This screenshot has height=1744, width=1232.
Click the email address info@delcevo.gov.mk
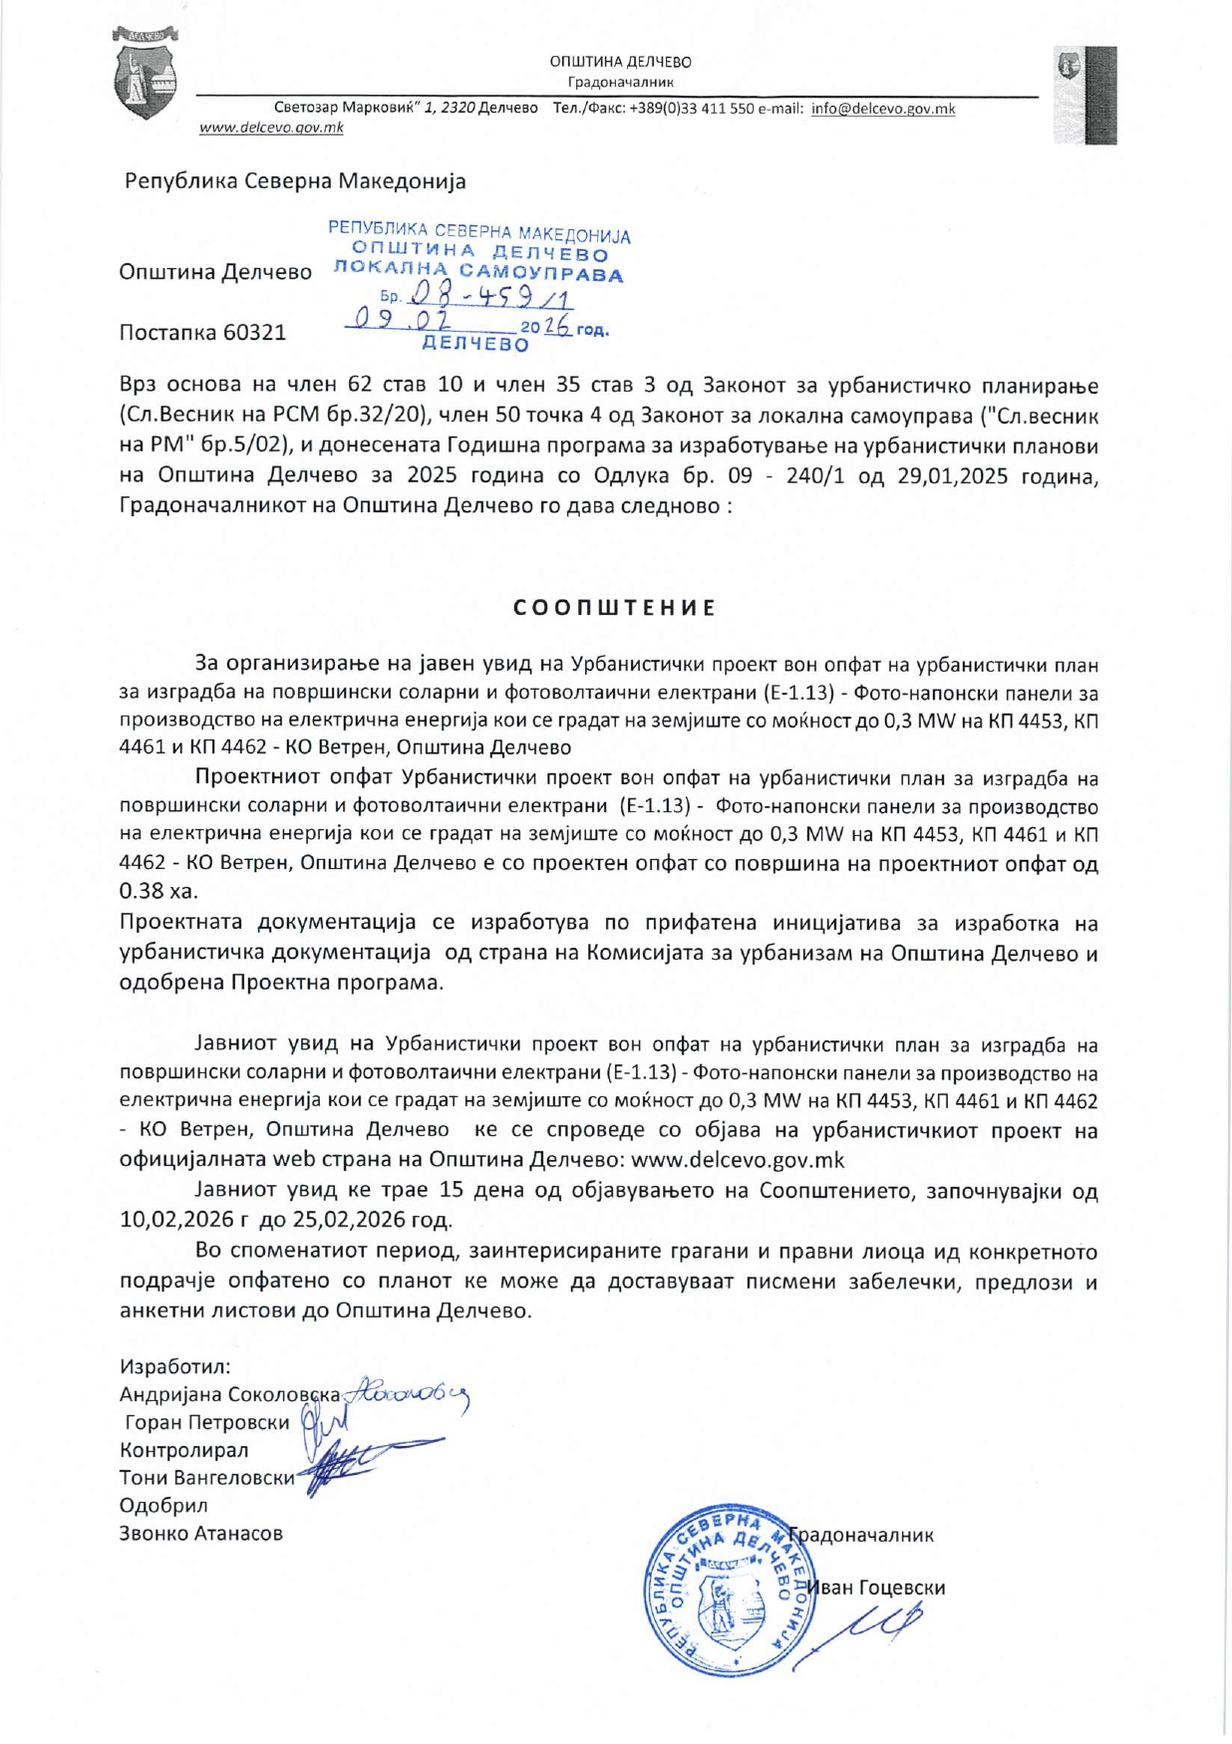[x=882, y=109]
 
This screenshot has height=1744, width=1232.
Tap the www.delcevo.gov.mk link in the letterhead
[x=271, y=128]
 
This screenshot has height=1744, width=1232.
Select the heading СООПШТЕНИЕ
[x=615, y=608]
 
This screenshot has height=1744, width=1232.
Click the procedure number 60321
[x=254, y=333]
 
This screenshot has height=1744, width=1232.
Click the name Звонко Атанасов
[x=201, y=1534]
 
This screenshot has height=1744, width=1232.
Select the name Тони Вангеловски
[x=207, y=1478]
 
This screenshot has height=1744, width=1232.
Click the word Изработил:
[x=175, y=1366]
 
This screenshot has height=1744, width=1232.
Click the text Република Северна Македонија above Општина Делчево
[x=295, y=182]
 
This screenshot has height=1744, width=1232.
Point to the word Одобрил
[x=163, y=1506]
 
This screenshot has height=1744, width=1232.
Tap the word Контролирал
[x=184, y=1450]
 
